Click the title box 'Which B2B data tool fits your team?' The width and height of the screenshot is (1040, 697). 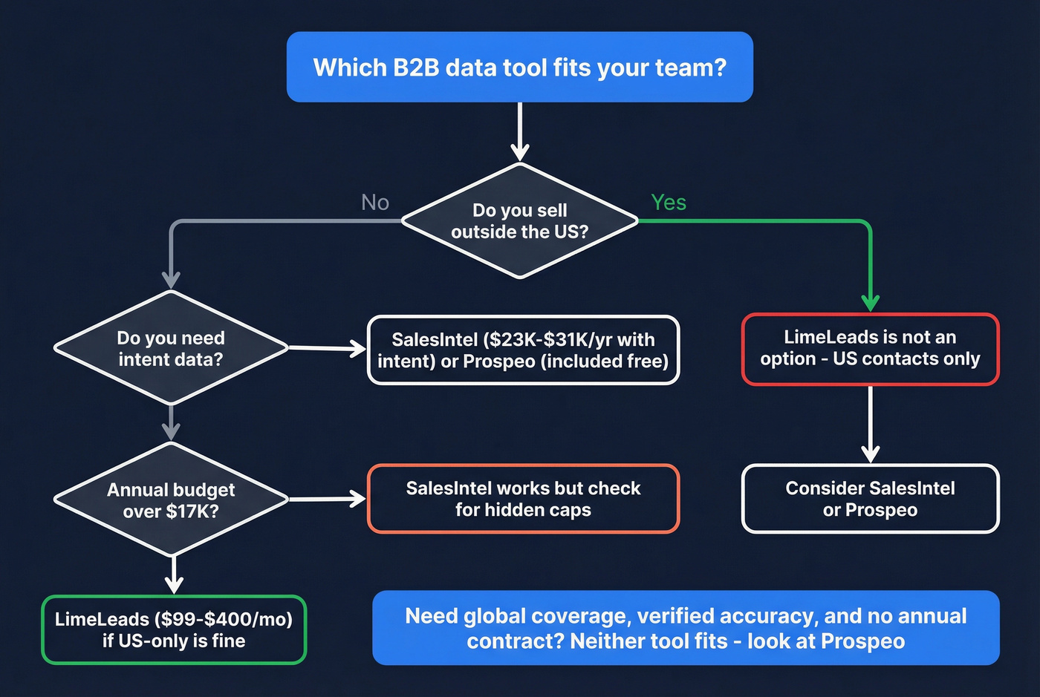click(x=519, y=67)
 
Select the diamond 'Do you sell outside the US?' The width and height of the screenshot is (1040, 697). click(x=519, y=221)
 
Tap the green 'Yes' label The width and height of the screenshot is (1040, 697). click(x=668, y=202)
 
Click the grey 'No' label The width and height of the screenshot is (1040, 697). click(x=374, y=203)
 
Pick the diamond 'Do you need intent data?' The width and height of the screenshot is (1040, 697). click(x=171, y=348)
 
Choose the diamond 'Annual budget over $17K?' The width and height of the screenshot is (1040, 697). click(x=171, y=500)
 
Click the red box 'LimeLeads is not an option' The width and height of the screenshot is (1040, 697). click(x=870, y=348)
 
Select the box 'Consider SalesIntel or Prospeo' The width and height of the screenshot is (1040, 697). click(x=870, y=499)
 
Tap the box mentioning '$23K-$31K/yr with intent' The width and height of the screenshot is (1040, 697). click(x=523, y=350)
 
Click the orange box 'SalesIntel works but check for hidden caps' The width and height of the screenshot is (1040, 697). click(x=523, y=499)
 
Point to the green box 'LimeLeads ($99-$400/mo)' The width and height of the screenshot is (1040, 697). click(x=173, y=629)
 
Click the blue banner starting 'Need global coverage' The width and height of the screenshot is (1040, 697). click(x=685, y=628)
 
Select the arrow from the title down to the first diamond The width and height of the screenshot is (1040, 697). click(x=520, y=131)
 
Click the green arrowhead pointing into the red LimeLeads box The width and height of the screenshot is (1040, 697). click(x=870, y=302)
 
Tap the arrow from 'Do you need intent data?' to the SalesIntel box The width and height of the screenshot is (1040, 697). click(x=327, y=347)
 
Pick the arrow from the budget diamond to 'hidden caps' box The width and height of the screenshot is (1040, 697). click(x=327, y=499)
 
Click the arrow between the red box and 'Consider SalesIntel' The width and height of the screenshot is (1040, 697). click(x=870, y=423)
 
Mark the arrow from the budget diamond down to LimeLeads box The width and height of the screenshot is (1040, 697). click(x=173, y=575)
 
